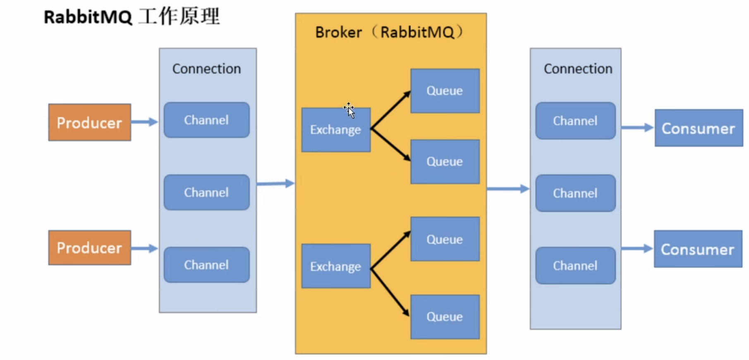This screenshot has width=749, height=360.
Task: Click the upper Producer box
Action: click(90, 122)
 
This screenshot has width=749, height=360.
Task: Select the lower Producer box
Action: click(90, 248)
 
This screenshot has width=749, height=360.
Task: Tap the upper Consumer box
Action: click(699, 128)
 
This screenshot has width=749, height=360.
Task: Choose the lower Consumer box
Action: click(698, 249)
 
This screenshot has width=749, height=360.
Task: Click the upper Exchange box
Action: click(336, 130)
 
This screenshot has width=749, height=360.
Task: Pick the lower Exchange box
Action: click(336, 266)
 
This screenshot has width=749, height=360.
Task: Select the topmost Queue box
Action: click(445, 91)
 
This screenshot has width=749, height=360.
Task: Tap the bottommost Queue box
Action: click(445, 317)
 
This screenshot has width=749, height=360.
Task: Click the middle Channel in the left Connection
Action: click(206, 192)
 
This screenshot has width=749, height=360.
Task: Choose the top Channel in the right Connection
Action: click(575, 121)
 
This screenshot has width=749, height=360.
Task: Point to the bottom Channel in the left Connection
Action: click(206, 265)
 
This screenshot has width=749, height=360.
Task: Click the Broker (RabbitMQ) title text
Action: click(389, 32)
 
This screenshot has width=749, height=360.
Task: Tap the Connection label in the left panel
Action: click(206, 69)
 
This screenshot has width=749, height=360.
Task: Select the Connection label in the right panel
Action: click(578, 69)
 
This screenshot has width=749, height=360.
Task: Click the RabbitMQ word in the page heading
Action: click(88, 17)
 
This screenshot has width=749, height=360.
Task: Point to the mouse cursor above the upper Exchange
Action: click(349, 110)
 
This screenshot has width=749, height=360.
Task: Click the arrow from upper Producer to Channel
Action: click(145, 122)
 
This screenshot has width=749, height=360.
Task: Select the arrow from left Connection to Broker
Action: click(275, 183)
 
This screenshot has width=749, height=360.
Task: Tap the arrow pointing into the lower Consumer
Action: click(637, 248)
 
